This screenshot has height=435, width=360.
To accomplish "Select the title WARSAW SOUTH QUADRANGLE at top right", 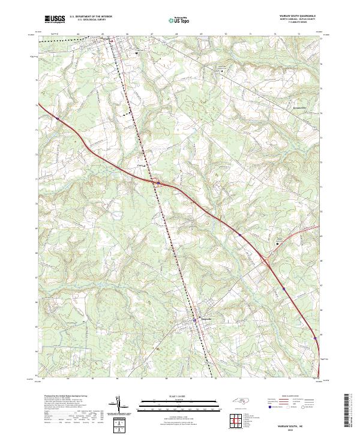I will click(296, 16).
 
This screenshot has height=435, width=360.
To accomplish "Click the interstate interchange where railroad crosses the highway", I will click(155, 181).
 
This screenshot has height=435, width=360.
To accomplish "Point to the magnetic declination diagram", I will click(121, 407).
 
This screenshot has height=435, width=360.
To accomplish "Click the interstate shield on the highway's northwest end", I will click(58, 119).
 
